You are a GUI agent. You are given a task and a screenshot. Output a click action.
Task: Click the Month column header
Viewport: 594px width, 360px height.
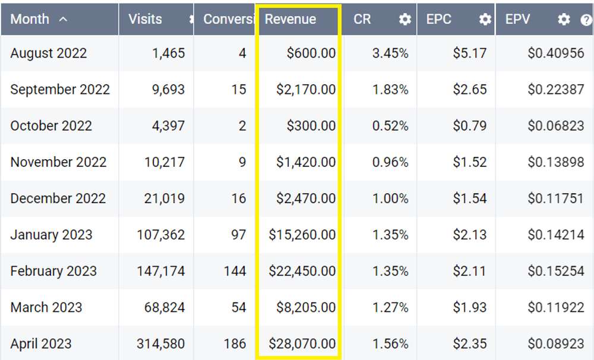coord(30,19)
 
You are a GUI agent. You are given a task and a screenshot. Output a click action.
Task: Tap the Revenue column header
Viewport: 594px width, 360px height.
coord(290,19)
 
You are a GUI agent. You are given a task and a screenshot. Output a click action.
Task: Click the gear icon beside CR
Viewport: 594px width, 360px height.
coord(405,19)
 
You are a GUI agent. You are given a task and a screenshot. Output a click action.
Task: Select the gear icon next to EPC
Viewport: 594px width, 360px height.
coord(485,19)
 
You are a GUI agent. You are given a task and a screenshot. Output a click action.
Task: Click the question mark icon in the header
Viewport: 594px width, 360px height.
coord(586,20)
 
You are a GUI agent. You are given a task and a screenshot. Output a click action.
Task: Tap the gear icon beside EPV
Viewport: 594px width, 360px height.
coord(564,19)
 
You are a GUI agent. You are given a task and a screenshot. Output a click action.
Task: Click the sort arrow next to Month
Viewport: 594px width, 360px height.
coord(63,19)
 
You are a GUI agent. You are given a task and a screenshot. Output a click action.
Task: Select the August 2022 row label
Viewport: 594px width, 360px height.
coord(49,53)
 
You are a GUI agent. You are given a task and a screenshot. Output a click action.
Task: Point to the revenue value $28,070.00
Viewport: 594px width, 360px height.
coord(302,343)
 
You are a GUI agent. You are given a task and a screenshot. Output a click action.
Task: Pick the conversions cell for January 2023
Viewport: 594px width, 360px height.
coord(238,235)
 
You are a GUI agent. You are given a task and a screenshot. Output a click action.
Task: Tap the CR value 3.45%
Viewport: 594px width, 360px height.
coord(390,53)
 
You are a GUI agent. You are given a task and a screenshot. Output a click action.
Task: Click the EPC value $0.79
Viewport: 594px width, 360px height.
coord(470,125)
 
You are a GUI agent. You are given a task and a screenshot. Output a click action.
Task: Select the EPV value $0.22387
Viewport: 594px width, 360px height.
coord(555,89)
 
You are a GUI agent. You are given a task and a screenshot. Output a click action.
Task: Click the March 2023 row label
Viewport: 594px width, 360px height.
coord(46,307)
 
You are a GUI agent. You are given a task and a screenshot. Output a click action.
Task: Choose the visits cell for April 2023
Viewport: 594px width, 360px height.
coord(160,343)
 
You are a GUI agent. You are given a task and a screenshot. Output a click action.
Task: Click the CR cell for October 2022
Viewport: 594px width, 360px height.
coord(390,125)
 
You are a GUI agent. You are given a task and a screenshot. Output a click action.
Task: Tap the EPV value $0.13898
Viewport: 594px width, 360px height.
coord(555,162)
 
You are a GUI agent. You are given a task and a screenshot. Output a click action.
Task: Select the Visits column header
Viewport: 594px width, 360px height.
coord(145,19)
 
